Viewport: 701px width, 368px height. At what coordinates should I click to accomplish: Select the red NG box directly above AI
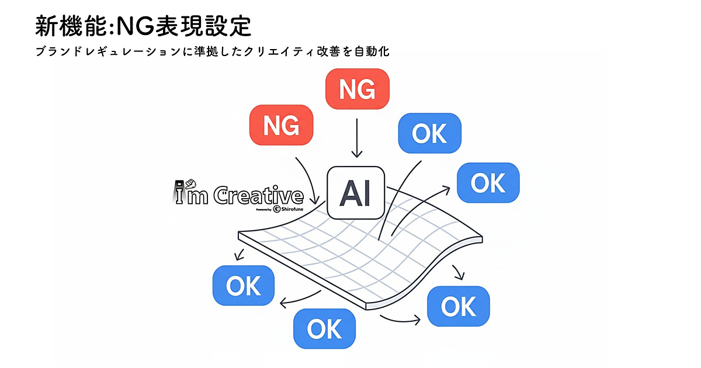point(356,89)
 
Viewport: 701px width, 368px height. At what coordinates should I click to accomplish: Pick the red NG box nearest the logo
point(282,125)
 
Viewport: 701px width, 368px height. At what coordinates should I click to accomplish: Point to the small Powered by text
point(263,209)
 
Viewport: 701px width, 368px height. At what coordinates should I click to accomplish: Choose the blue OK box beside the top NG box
point(429,134)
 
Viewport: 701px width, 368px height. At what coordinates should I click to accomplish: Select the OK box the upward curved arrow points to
point(488,183)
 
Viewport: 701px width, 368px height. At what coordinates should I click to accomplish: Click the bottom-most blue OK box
point(324,329)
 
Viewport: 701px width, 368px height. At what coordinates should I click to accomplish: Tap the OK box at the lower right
point(459,306)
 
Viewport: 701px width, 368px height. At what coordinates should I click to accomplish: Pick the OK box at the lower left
point(243,286)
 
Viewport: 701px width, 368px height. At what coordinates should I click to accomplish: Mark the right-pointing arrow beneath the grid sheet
point(400,319)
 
